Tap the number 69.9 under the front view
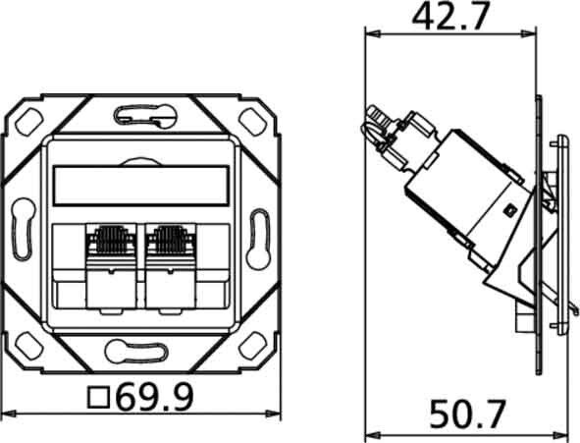[x=155, y=398]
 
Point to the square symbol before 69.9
[x=98, y=398]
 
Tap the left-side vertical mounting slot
[x=22, y=232]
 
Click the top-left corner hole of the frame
[x=29, y=123]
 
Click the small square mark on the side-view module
[x=509, y=209]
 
